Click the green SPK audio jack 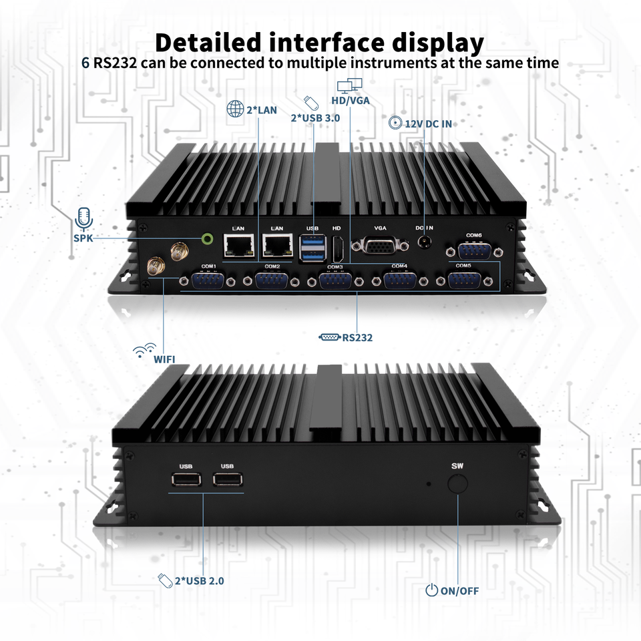coord(208,238)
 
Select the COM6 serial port coord(473,250)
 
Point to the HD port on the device coord(338,250)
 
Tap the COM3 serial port coord(336,280)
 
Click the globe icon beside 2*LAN coord(235,109)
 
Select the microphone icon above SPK coord(83,217)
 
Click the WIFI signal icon coord(145,350)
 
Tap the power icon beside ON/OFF coord(432,590)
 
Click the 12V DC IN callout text coord(431,124)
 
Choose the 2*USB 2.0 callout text coord(199,580)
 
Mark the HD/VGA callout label coord(351,101)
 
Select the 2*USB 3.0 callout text coord(315,118)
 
